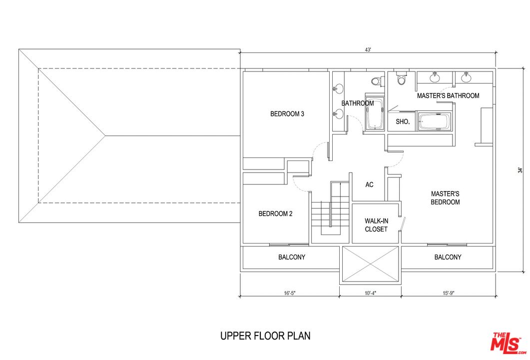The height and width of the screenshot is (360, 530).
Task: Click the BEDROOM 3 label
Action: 287,114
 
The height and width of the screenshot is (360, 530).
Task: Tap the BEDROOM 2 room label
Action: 275,214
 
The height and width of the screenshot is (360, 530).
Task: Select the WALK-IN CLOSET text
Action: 376,225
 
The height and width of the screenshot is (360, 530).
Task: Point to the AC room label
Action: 369,185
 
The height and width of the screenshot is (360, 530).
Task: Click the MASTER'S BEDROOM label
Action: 445,198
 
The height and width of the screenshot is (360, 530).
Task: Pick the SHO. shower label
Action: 403,121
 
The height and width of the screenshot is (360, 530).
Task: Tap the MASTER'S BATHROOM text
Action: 448,95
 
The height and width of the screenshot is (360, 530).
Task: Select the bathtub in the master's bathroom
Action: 434,121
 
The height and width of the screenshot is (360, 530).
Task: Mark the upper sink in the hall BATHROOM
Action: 338,89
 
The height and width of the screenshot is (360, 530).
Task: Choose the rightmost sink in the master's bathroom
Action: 466,77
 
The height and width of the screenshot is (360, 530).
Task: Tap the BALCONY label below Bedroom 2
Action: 292,257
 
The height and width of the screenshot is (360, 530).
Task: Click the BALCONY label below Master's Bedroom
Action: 448,257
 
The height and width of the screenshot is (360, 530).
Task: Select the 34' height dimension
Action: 520,170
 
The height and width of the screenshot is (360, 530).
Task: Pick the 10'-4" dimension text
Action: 370,293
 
